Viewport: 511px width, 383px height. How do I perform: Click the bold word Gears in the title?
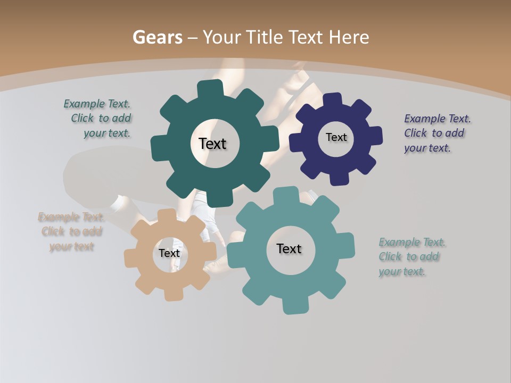click(x=156, y=37)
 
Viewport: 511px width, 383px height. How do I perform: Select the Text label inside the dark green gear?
click(x=212, y=144)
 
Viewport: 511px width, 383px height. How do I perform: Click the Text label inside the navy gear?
click(x=336, y=137)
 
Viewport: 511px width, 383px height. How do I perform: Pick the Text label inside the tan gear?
click(x=169, y=253)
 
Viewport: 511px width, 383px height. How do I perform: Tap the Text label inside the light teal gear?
click(x=289, y=248)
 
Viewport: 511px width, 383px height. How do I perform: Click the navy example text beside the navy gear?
click(x=437, y=133)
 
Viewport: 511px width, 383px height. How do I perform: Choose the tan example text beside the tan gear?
click(x=71, y=231)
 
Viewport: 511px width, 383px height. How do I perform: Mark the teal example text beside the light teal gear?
click(x=411, y=257)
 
